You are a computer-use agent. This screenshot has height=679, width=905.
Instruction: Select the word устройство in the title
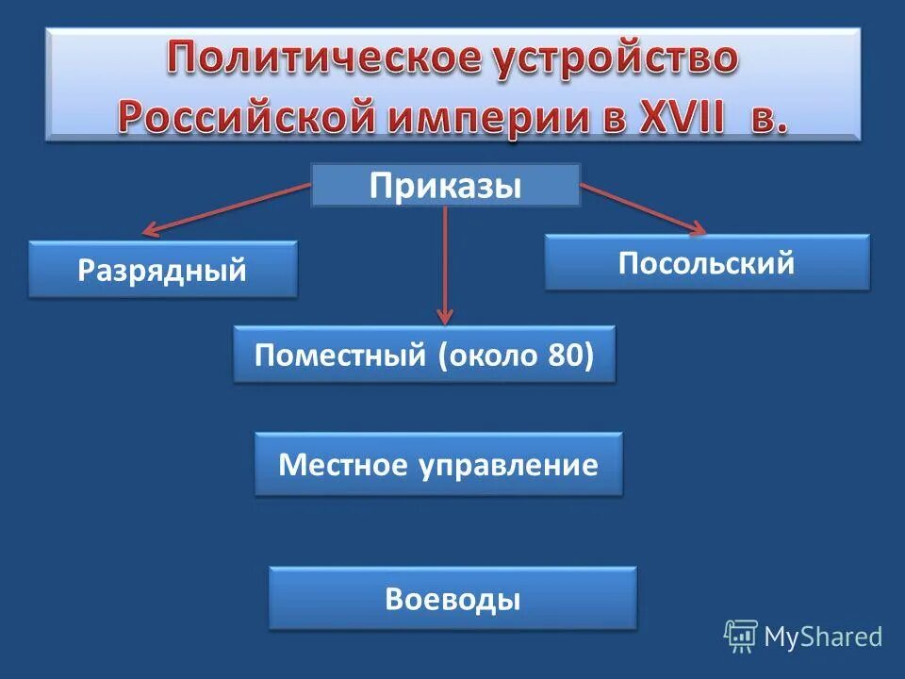tap(611, 59)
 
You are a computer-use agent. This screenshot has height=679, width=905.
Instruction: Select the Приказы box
tap(445, 185)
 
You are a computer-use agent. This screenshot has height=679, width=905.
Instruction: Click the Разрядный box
tap(162, 271)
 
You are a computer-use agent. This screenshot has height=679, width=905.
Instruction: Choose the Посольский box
tap(707, 262)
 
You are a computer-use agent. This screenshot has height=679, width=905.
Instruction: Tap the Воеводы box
tap(452, 598)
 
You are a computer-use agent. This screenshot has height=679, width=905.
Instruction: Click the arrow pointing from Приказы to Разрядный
tap(226, 208)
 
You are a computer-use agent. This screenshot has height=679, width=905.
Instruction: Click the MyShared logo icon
tap(741, 637)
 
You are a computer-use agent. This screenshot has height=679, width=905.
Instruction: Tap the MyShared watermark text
tap(823, 637)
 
